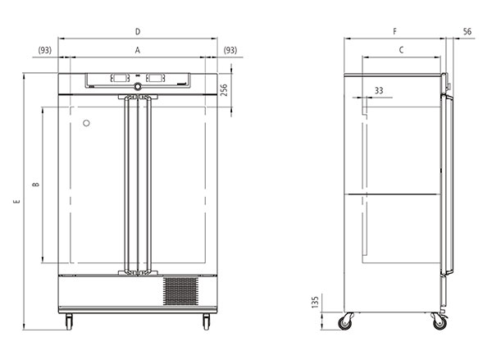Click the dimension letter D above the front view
138,32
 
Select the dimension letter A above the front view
138,50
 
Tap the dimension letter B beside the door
36,185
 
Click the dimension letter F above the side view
394,31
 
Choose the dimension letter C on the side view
401,50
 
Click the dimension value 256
224,90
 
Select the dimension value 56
467,31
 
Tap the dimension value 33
379,90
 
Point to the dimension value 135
316,302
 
